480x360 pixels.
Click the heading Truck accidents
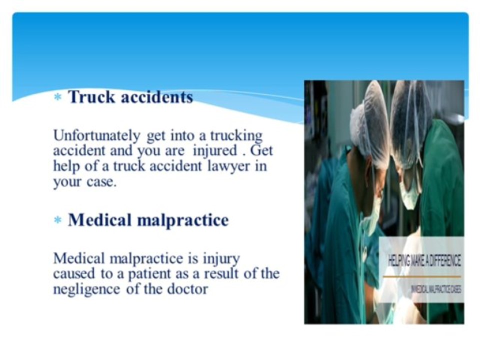click(130, 97)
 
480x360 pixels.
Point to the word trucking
click(236, 136)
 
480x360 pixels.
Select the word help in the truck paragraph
click(64, 166)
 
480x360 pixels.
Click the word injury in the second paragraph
click(221, 259)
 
